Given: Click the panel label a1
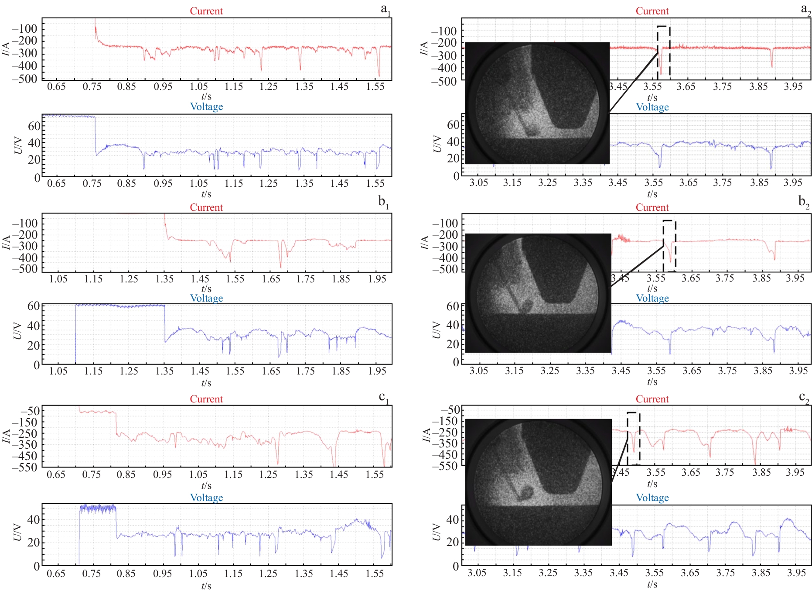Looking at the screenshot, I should point(385,10).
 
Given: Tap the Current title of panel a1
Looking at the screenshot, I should point(206,11).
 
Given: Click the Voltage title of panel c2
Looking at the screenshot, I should point(652,498).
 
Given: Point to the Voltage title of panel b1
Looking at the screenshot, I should point(206,298).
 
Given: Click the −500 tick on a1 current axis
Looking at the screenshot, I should point(25,79).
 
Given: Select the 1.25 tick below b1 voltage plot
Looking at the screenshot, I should point(129,371).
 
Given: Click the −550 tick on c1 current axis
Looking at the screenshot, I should point(25,467).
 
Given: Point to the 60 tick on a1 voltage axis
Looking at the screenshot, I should point(34,126).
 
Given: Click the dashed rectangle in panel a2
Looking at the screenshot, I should point(663,52).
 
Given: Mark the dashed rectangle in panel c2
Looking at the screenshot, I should point(633,438).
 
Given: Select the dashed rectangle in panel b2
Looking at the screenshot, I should point(669,246).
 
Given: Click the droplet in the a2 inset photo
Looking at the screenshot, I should point(532,131).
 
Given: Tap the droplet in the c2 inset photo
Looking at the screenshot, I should point(525,493).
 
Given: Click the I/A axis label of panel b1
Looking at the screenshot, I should point(7,243).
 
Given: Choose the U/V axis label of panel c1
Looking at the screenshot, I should point(17,532).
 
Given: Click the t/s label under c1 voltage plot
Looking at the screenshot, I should point(206,586).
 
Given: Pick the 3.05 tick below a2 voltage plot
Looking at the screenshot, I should point(478,182).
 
